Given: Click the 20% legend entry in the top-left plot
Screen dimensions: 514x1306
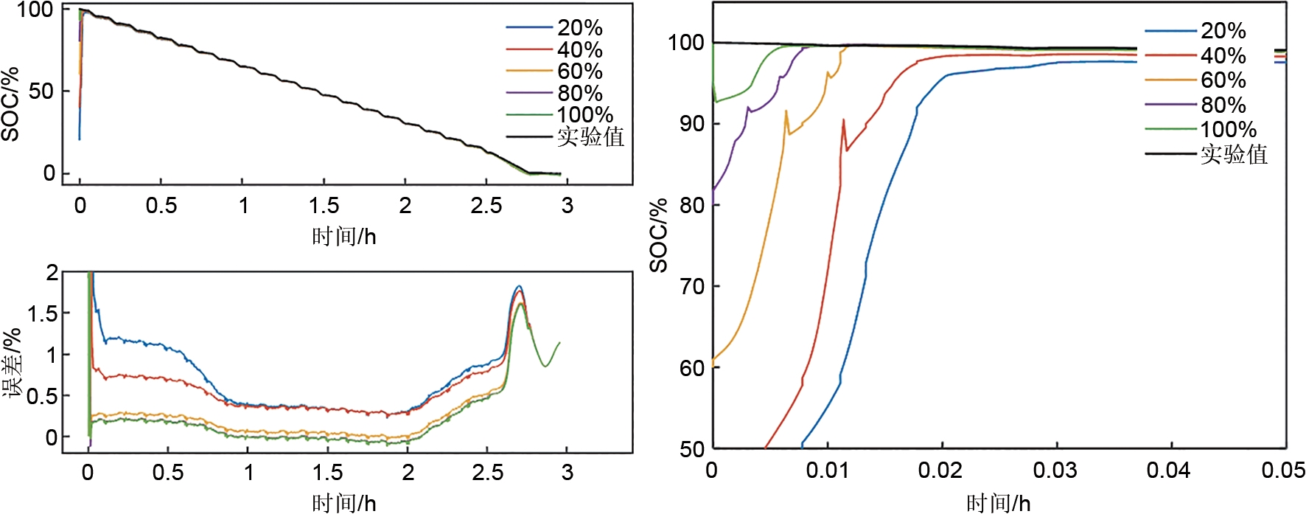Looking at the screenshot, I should pos(579,28).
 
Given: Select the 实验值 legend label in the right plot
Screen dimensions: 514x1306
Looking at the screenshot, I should pos(1234,154).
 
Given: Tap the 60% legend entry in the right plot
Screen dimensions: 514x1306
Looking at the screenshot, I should pos(1223,80).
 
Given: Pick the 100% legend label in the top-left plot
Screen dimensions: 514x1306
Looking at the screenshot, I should pos(584,115).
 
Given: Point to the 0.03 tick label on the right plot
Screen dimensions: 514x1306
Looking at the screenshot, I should pos(1055,470).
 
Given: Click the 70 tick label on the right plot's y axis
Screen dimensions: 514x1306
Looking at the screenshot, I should pos(691,286).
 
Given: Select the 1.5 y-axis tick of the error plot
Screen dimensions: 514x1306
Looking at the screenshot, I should pos(42,313).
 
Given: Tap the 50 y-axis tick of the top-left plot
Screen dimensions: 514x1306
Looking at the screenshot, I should pos(41,91).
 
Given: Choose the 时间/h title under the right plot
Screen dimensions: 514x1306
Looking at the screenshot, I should pos(998,503).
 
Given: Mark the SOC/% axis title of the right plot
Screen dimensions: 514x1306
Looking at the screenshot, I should pos(658,235).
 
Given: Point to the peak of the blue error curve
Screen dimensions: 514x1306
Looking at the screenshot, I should pos(519,286).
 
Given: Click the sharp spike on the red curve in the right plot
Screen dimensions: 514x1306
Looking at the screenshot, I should pos(843,119).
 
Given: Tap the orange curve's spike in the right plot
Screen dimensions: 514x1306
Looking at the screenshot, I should pos(786,111).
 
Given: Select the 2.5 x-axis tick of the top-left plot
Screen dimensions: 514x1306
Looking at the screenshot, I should pos(486,206).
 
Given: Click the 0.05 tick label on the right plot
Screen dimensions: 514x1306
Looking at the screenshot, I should pos(1283,470).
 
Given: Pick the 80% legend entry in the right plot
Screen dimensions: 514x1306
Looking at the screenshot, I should pos(1223,105).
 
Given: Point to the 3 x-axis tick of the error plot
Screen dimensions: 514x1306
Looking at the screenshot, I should pos(567,472).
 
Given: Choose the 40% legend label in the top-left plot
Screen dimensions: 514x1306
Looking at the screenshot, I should pos(579,50).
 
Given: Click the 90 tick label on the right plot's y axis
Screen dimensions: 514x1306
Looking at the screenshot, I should pos(691,124).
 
